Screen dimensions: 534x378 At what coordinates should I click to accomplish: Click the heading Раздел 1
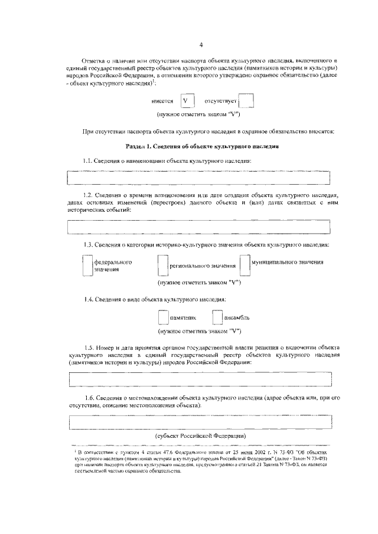pyautogui.click(x=202, y=146)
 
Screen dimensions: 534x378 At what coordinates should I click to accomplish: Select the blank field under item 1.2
pyautogui.click(x=198, y=227)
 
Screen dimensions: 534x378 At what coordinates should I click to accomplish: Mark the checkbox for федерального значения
pyautogui.click(x=88, y=265)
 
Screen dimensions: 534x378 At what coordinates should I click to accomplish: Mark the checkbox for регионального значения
pyautogui.click(x=162, y=265)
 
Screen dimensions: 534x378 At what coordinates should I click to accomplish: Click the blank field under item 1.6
pyautogui.click(x=198, y=422)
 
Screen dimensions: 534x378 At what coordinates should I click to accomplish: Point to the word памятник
pyautogui.click(x=184, y=318)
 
